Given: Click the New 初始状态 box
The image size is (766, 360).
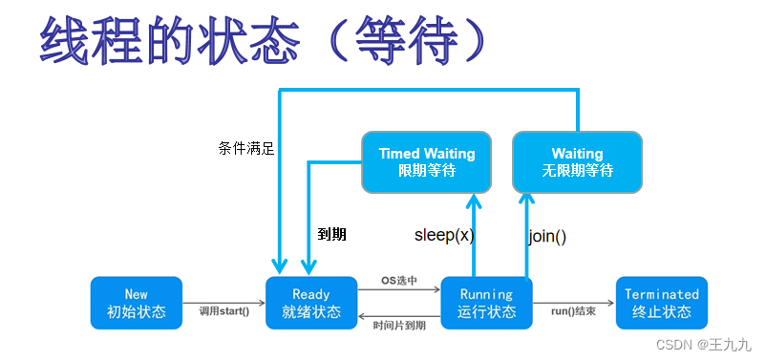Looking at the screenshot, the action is click(137, 303).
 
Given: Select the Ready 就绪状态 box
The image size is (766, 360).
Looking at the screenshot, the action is click(311, 303).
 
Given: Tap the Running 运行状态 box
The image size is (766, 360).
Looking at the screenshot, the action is click(486, 303).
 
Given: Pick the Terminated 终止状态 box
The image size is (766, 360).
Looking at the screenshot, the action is click(662, 303).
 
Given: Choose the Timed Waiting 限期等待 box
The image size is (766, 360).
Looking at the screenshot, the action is click(427, 161).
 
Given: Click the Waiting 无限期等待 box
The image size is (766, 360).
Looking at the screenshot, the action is click(578, 161).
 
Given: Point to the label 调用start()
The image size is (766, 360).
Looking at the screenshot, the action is click(224, 311).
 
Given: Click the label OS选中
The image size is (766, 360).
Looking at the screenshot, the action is click(399, 281).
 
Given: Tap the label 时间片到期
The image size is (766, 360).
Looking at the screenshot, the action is click(399, 325).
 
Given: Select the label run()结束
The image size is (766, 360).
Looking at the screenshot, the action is click(573, 311).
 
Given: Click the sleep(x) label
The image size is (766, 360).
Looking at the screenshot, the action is click(444, 236).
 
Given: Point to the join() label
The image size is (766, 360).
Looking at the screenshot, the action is click(547, 237).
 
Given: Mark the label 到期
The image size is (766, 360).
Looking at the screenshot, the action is click(331, 235).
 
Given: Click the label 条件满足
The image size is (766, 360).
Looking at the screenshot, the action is click(246, 149).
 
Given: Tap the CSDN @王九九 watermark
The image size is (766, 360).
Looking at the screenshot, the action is click(703, 345).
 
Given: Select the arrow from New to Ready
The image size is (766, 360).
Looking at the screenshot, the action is click(224, 304).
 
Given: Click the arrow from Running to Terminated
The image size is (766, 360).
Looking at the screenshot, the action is click(573, 304).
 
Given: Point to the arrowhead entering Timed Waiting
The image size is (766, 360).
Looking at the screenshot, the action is click(474, 201).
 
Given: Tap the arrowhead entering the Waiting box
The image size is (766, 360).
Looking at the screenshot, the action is click(526, 201).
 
